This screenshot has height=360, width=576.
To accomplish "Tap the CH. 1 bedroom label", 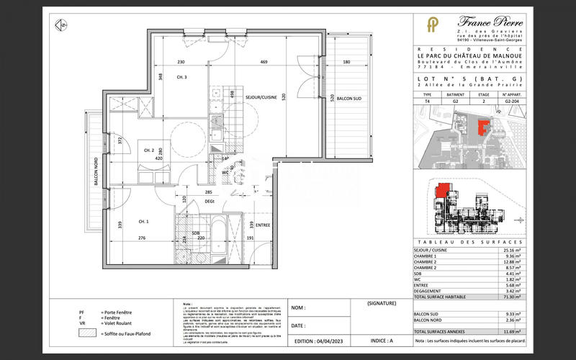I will (x=143, y=221).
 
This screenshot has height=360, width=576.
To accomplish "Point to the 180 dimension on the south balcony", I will (x=346, y=63).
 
